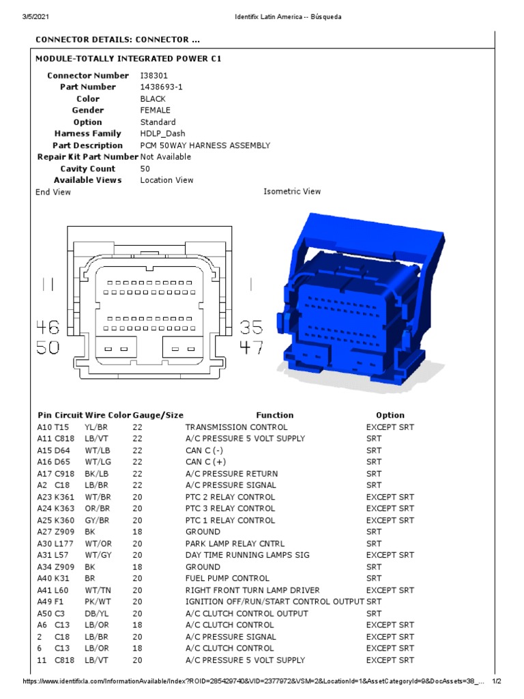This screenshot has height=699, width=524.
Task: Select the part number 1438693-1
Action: coord(162,87)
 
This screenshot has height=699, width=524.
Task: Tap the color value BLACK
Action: coord(153,98)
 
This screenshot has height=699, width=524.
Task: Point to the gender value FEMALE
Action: coord(156,110)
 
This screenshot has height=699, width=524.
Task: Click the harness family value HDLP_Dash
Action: coord(162,133)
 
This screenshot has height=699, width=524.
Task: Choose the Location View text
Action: coord(166,180)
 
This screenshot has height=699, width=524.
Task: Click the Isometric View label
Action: coord(292,191)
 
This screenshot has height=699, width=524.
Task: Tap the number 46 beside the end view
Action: coord(47,327)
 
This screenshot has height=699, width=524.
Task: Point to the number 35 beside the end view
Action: coord(251,327)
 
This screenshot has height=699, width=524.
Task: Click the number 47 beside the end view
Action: coord(251,348)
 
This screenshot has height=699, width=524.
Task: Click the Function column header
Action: coord(274,415)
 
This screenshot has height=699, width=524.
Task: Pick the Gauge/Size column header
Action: coord(158,415)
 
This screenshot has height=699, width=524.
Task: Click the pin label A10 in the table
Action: coord(44,427)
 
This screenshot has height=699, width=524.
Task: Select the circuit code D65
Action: coord(62,462)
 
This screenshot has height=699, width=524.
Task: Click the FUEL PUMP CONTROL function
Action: coord(227,578)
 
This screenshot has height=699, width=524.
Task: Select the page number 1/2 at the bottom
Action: coord(497,681)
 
